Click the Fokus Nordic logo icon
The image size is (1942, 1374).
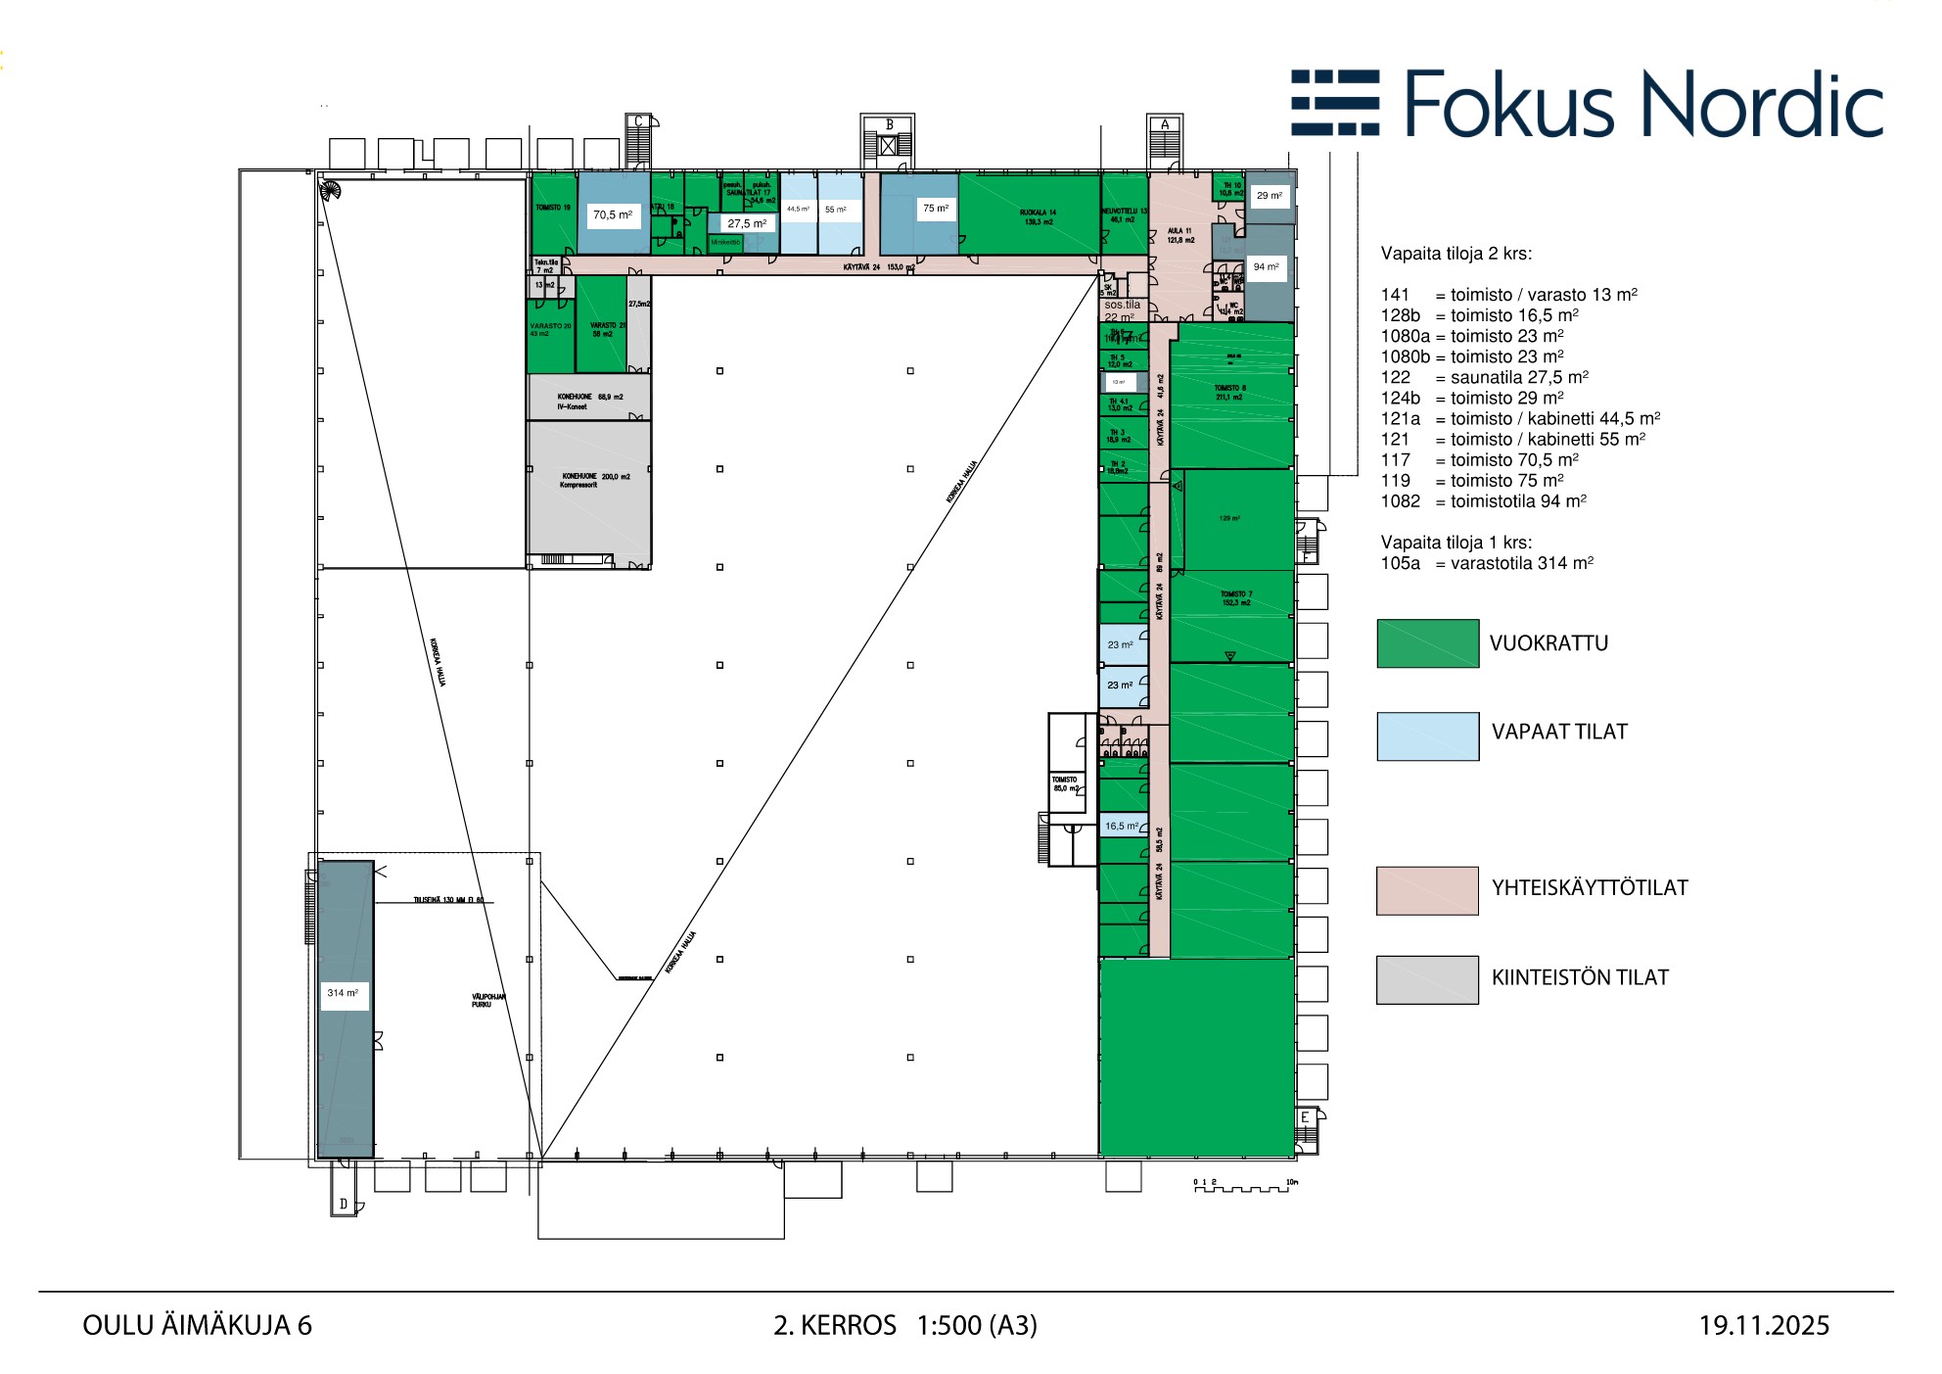tap(1335, 103)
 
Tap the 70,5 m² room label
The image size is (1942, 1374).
tap(613, 214)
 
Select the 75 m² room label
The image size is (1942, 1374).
tap(935, 208)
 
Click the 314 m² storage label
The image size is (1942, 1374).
tap(343, 993)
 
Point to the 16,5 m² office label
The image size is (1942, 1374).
tap(1122, 826)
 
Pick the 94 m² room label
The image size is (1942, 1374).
tap(1266, 266)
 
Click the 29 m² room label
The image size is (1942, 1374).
tap(1269, 196)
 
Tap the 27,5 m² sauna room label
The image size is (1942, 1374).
tap(747, 223)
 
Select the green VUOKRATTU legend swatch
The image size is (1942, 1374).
tap(1427, 643)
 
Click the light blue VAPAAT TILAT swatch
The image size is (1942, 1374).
tap(1427, 736)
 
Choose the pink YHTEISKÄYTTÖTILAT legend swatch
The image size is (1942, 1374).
tap(1427, 890)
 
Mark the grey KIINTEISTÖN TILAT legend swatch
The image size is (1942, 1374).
tap(1427, 979)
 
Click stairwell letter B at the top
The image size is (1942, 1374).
tap(889, 124)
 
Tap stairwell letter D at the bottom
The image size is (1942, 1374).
tap(344, 1204)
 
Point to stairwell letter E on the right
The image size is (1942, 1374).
tap(1305, 1117)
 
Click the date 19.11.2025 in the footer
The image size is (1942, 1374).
tap(1764, 1326)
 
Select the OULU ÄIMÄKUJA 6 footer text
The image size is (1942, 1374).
tap(197, 1326)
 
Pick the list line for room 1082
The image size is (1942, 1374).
tap(1483, 501)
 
